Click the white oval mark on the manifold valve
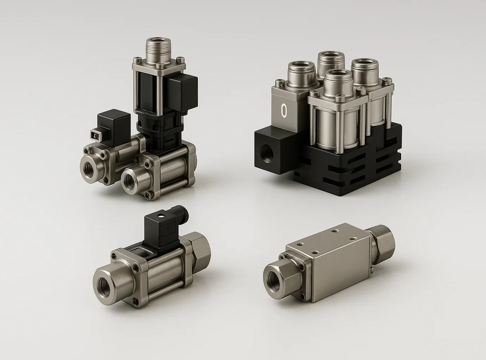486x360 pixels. coord(284,109)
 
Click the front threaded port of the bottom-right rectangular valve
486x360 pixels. coord(274,280)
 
